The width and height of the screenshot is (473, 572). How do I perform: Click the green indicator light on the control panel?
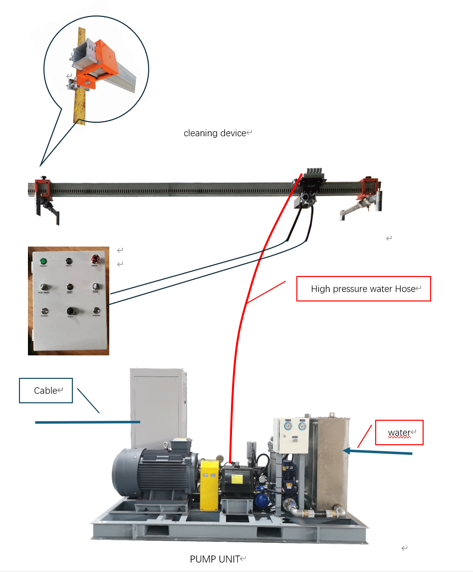[x=43, y=261]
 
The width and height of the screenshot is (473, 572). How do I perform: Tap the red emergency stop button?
[x=95, y=259]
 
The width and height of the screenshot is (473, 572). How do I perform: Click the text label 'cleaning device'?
[x=215, y=133]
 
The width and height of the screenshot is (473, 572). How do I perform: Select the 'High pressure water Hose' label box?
[x=363, y=289]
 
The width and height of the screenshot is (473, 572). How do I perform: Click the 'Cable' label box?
[x=46, y=391]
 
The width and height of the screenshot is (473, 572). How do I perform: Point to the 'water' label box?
[x=399, y=433]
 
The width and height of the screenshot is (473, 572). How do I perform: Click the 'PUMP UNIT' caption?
[x=215, y=559]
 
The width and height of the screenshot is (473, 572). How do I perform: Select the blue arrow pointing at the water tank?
[x=379, y=452]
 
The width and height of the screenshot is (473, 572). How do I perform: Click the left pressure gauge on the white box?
[x=288, y=426]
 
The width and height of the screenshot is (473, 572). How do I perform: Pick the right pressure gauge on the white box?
[x=302, y=426]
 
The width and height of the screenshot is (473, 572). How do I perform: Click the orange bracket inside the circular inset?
[x=95, y=65]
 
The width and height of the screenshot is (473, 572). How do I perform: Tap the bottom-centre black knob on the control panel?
[x=70, y=311]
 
